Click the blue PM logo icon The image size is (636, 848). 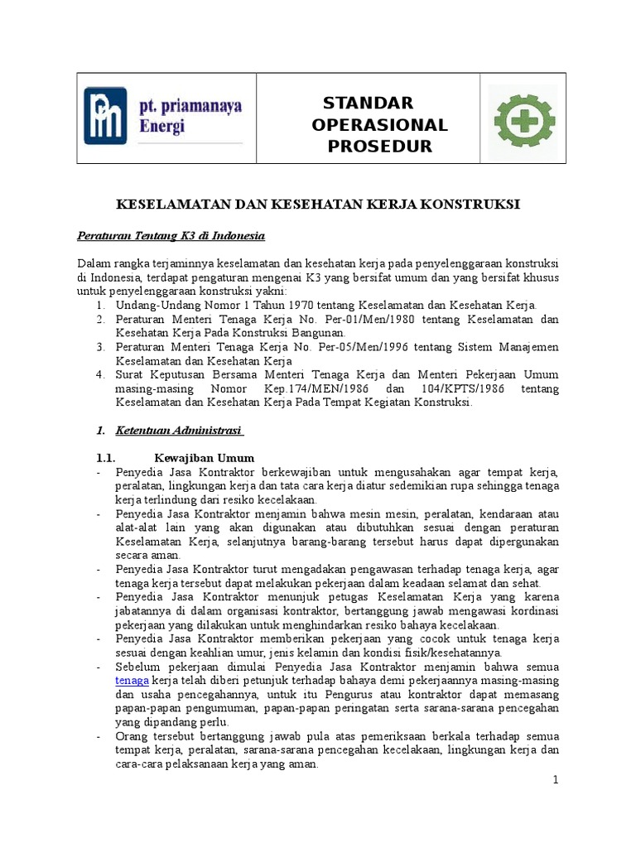[105, 116]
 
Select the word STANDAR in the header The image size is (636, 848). [368, 104]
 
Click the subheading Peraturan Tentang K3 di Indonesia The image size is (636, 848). [171, 236]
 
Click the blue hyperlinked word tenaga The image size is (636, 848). [132, 680]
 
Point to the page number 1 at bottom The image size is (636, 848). [556, 780]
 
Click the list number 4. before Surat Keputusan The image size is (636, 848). [99, 374]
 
